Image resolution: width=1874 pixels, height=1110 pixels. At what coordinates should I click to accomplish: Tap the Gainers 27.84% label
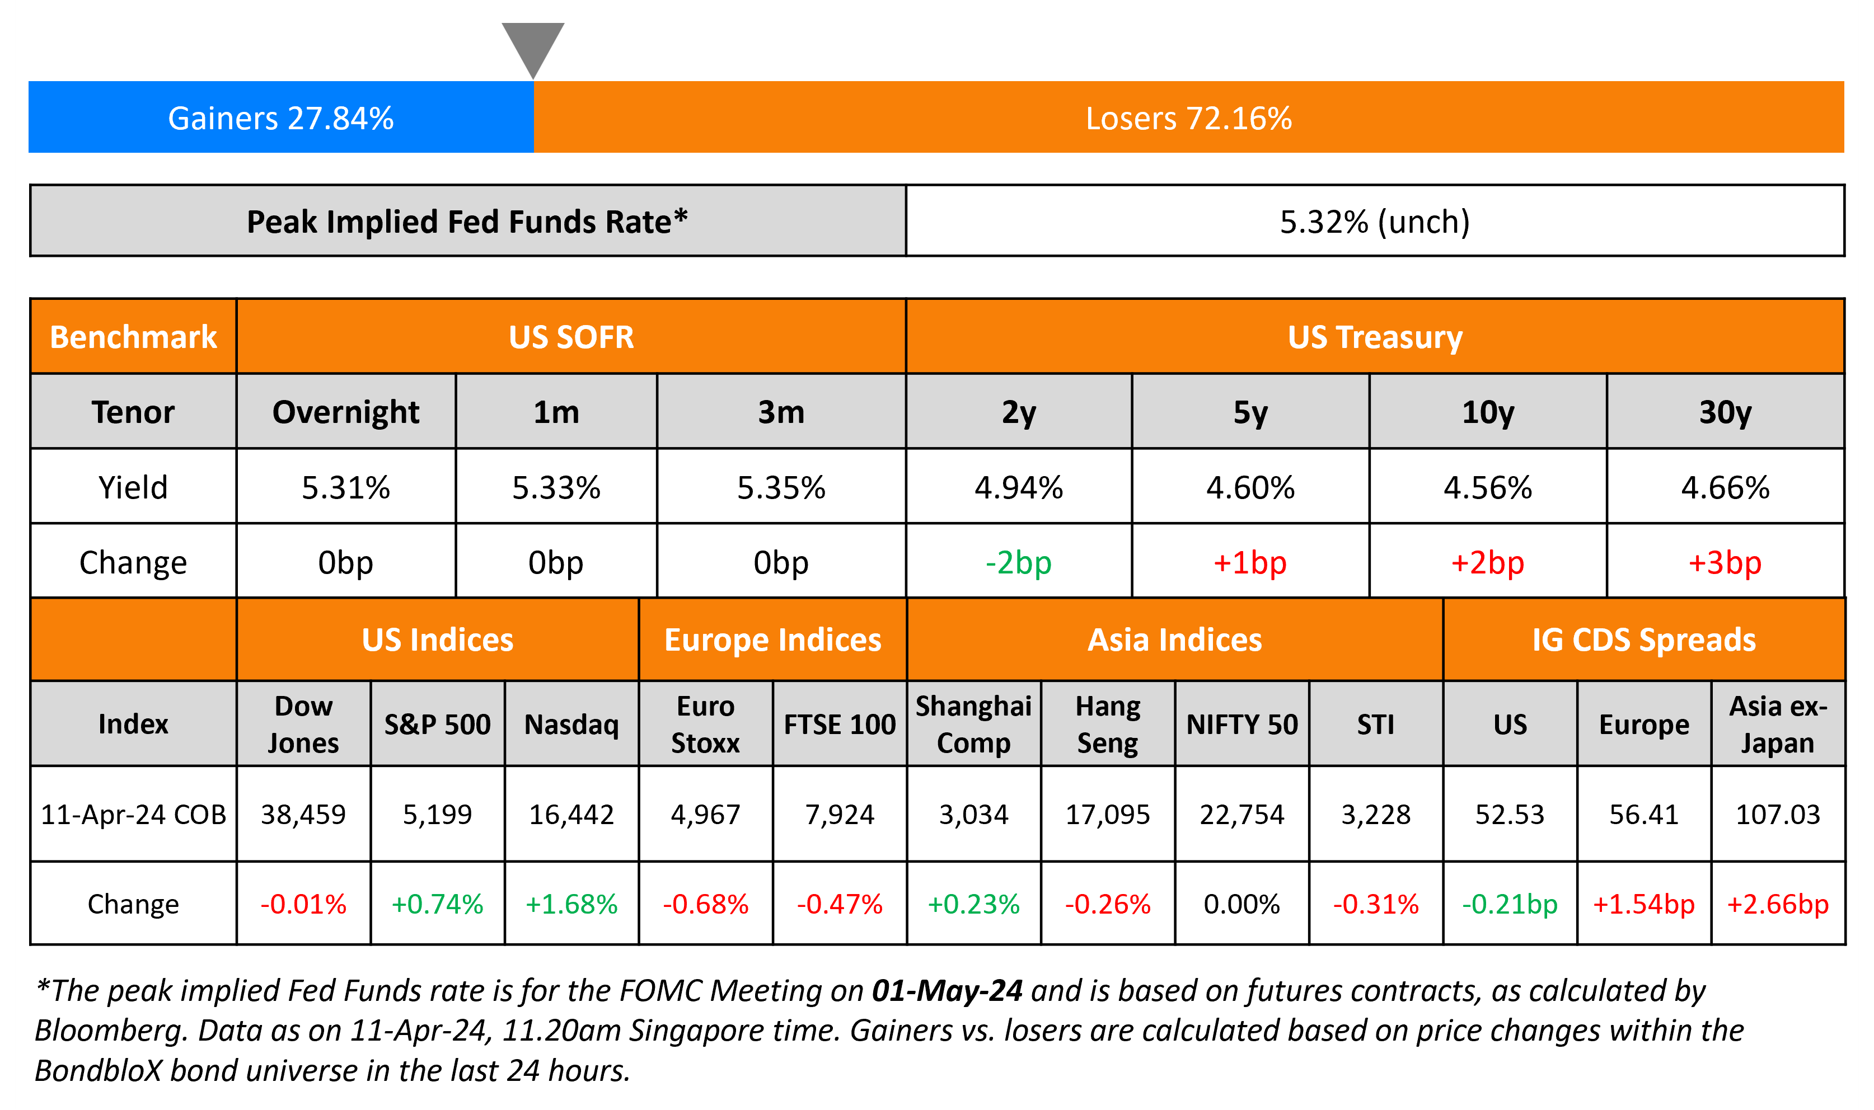click(280, 118)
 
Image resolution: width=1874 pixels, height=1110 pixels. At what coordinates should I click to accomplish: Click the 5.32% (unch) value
click(1374, 222)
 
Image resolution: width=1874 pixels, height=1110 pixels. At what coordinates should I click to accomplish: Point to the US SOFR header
click(571, 337)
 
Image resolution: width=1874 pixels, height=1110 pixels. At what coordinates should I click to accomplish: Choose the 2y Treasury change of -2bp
click(1018, 562)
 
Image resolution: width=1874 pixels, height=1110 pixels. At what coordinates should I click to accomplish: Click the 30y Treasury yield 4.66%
click(1725, 488)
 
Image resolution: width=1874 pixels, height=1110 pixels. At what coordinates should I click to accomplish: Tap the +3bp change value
click(1725, 562)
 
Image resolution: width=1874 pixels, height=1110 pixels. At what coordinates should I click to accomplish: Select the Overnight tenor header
click(345, 412)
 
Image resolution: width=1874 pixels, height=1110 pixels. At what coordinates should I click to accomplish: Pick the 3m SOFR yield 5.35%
click(781, 488)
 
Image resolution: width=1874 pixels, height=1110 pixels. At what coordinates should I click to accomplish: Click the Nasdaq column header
click(571, 724)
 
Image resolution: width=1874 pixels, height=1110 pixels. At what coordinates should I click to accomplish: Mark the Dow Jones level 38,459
click(303, 814)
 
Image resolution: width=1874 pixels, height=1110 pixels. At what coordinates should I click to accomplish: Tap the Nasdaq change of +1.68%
click(571, 904)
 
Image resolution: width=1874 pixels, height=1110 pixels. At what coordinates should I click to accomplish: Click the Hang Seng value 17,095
click(1107, 814)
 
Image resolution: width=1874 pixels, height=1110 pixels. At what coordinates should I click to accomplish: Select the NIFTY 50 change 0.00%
click(1242, 904)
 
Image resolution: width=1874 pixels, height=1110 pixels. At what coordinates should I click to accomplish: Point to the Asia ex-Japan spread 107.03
click(1778, 814)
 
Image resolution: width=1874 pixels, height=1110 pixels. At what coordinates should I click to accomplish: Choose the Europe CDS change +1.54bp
click(1643, 904)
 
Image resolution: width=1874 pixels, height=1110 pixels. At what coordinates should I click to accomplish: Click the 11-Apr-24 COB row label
click(133, 814)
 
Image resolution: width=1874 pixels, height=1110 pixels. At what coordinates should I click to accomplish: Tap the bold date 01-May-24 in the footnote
click(947, 990)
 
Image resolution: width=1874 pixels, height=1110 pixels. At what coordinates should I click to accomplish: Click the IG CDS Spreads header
click(1643, 639)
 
